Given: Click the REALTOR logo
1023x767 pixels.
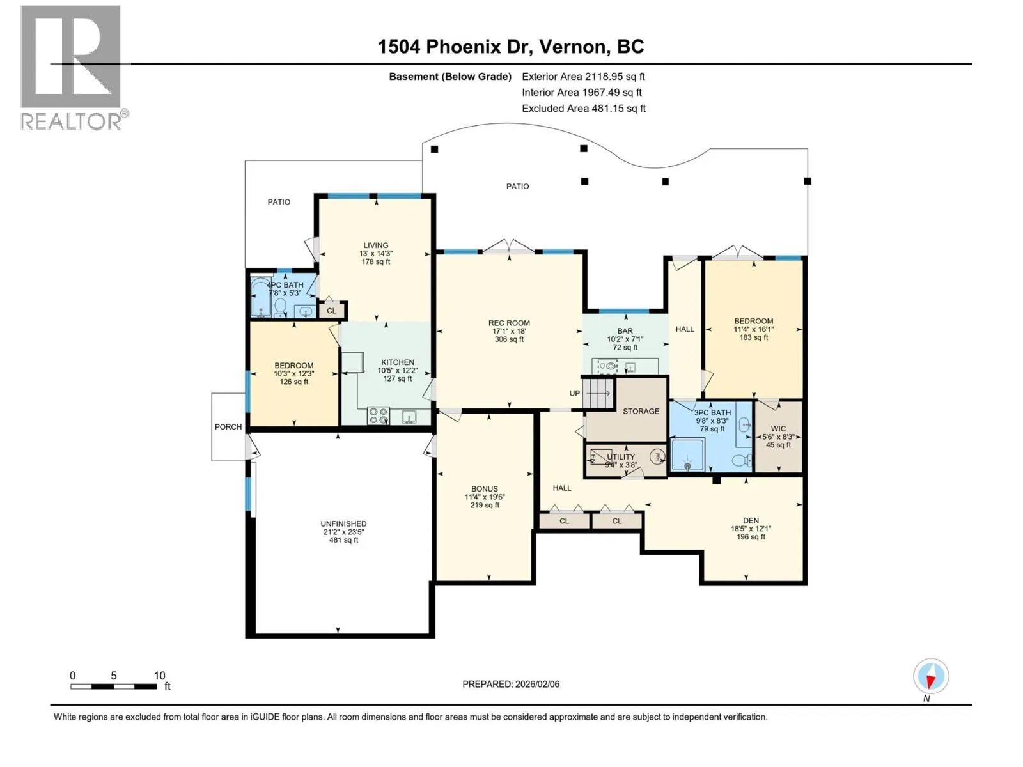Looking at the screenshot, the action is (74, 68).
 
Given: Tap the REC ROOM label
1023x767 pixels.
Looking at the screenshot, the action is (509, 323).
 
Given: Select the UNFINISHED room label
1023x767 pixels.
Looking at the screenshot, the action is (343, 523).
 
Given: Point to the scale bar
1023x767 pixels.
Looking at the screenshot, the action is (114, 686).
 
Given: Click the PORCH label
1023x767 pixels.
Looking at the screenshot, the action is (228, 426).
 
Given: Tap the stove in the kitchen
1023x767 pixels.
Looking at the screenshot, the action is (378, 415).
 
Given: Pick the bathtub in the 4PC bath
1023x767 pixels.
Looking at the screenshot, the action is (259, 297).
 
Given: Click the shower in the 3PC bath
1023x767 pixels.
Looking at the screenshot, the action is (687, 454).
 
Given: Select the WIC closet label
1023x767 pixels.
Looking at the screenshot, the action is (778, 428).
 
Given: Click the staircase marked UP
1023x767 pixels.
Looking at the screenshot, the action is (598, 394).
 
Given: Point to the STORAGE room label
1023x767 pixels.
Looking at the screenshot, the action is (641, 411).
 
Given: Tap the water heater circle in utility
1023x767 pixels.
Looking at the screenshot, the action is (658, 456).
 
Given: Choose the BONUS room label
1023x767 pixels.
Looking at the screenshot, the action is (484, 488).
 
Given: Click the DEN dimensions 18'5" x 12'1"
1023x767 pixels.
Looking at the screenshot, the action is (751, 529).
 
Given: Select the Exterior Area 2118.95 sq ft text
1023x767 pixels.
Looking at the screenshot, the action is (583, 76).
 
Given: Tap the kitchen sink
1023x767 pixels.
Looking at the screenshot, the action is (409, 416).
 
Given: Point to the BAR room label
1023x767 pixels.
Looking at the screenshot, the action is (625, 330).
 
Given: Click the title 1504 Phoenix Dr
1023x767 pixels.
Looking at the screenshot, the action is (455, 47).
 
